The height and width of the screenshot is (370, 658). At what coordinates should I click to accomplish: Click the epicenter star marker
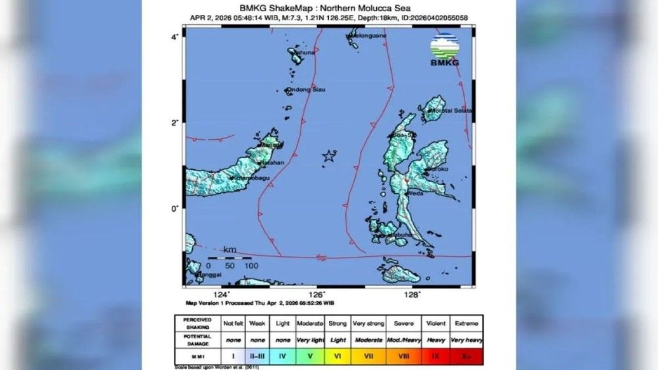coord(328,156)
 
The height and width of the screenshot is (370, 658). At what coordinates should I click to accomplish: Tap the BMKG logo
coord(445,49)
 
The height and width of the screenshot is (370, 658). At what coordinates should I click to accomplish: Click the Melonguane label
coord(368,35)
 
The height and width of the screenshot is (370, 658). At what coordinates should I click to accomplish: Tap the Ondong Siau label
coord(306,90)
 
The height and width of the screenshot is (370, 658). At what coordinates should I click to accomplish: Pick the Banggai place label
coord(209,275)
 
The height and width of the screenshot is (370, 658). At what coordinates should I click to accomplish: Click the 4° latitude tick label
coord(175,37)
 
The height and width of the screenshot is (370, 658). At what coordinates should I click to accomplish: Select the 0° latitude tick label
coord(175,208)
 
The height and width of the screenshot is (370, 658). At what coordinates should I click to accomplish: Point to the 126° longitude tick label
coord(317,294)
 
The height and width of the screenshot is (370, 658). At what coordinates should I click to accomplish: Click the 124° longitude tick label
coord(222,294)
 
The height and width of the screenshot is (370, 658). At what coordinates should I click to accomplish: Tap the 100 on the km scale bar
coord(251,266)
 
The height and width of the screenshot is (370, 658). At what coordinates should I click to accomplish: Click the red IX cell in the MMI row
coord(436,355)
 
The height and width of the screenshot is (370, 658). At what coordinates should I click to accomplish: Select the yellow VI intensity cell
coord(338,355)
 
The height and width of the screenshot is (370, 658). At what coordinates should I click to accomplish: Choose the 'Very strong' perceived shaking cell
coord(368,324)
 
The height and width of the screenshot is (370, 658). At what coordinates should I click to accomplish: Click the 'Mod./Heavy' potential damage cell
coord(404,340)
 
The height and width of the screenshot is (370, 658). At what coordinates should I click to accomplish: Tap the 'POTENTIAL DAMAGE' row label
coord(197,340)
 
